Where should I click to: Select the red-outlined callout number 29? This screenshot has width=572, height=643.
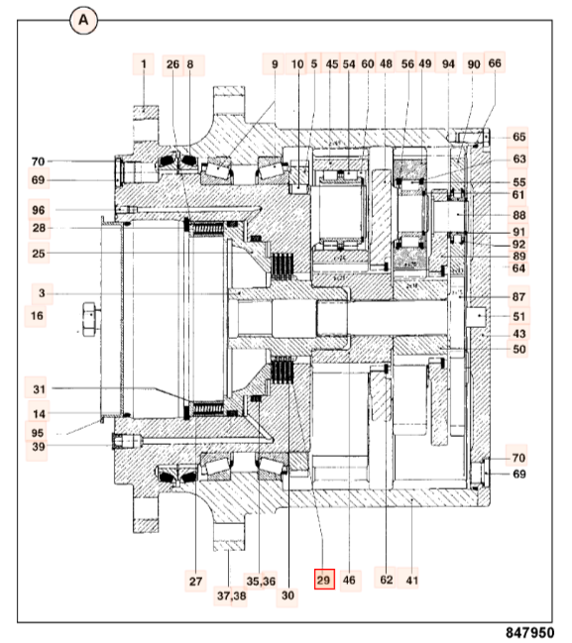[x=323, y=580]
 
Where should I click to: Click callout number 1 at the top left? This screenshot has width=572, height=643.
[x=143, y=65]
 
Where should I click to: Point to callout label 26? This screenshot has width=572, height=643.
[x=172, y=65]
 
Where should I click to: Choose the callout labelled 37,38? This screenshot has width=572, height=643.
[x=230, y=595]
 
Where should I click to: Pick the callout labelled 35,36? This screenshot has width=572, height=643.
[x=260, y=580]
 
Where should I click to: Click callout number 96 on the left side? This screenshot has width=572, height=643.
[x=39, y=210]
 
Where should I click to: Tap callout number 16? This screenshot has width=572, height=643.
[x=38, y=316]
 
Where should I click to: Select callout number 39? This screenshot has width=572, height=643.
[x=38, y=448]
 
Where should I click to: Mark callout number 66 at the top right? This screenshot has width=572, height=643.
[x=495, y=63]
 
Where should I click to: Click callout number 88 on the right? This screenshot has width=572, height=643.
[x=519, y=215]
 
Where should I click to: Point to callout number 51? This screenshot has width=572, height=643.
[x=519, y=317]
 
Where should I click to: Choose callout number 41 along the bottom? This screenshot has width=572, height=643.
[x=410, y=580]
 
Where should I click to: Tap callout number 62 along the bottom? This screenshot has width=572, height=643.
[x=387, y=580]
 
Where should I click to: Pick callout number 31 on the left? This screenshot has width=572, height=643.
[x=39, y=388]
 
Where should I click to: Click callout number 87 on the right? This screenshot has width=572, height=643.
[x=519, y=296]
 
